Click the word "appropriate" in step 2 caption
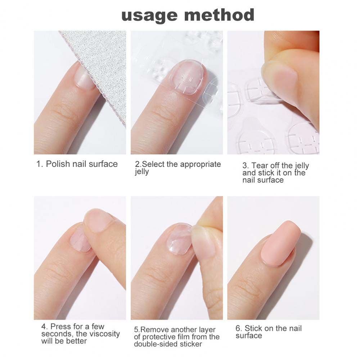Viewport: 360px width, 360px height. click(x=201, y=164)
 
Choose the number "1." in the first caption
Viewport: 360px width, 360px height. click(x=40, y=164)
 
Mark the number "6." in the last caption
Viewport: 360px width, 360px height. click(x=239, y=328)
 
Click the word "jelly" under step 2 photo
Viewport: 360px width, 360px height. click(x=142, y=172)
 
